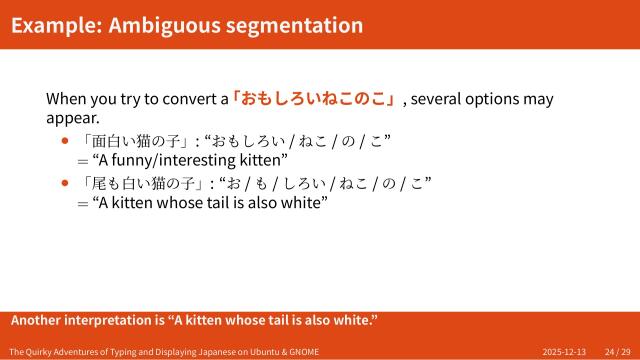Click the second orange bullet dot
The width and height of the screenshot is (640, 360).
point(66,182)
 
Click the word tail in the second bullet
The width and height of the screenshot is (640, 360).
point(243,202)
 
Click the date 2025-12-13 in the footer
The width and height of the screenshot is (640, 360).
point(564,352)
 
